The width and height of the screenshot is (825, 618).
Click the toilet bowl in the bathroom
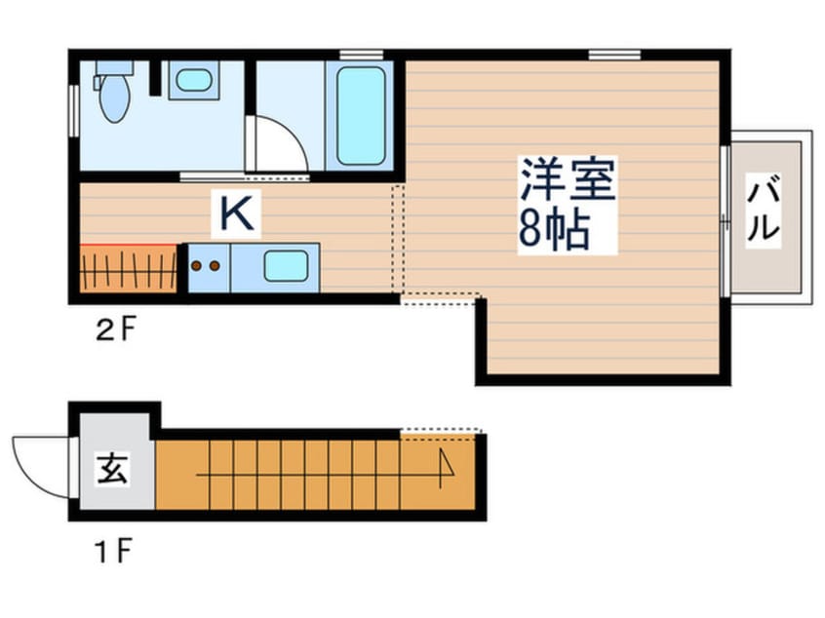[x=114, y=96]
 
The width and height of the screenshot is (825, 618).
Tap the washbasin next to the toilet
[x=194, y=80]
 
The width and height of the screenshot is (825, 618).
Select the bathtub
[x=360, y=115]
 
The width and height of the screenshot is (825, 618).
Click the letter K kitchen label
[x=236, y=214]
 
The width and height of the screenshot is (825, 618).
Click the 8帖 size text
[x=553, y=231]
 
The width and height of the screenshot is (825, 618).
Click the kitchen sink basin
[x=286, y=265]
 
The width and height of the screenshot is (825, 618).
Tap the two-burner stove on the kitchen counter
[x=206, y=265]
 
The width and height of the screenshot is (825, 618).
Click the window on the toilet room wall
[x=73, y=109]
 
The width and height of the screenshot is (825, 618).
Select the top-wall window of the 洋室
[x=614, y=53]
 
